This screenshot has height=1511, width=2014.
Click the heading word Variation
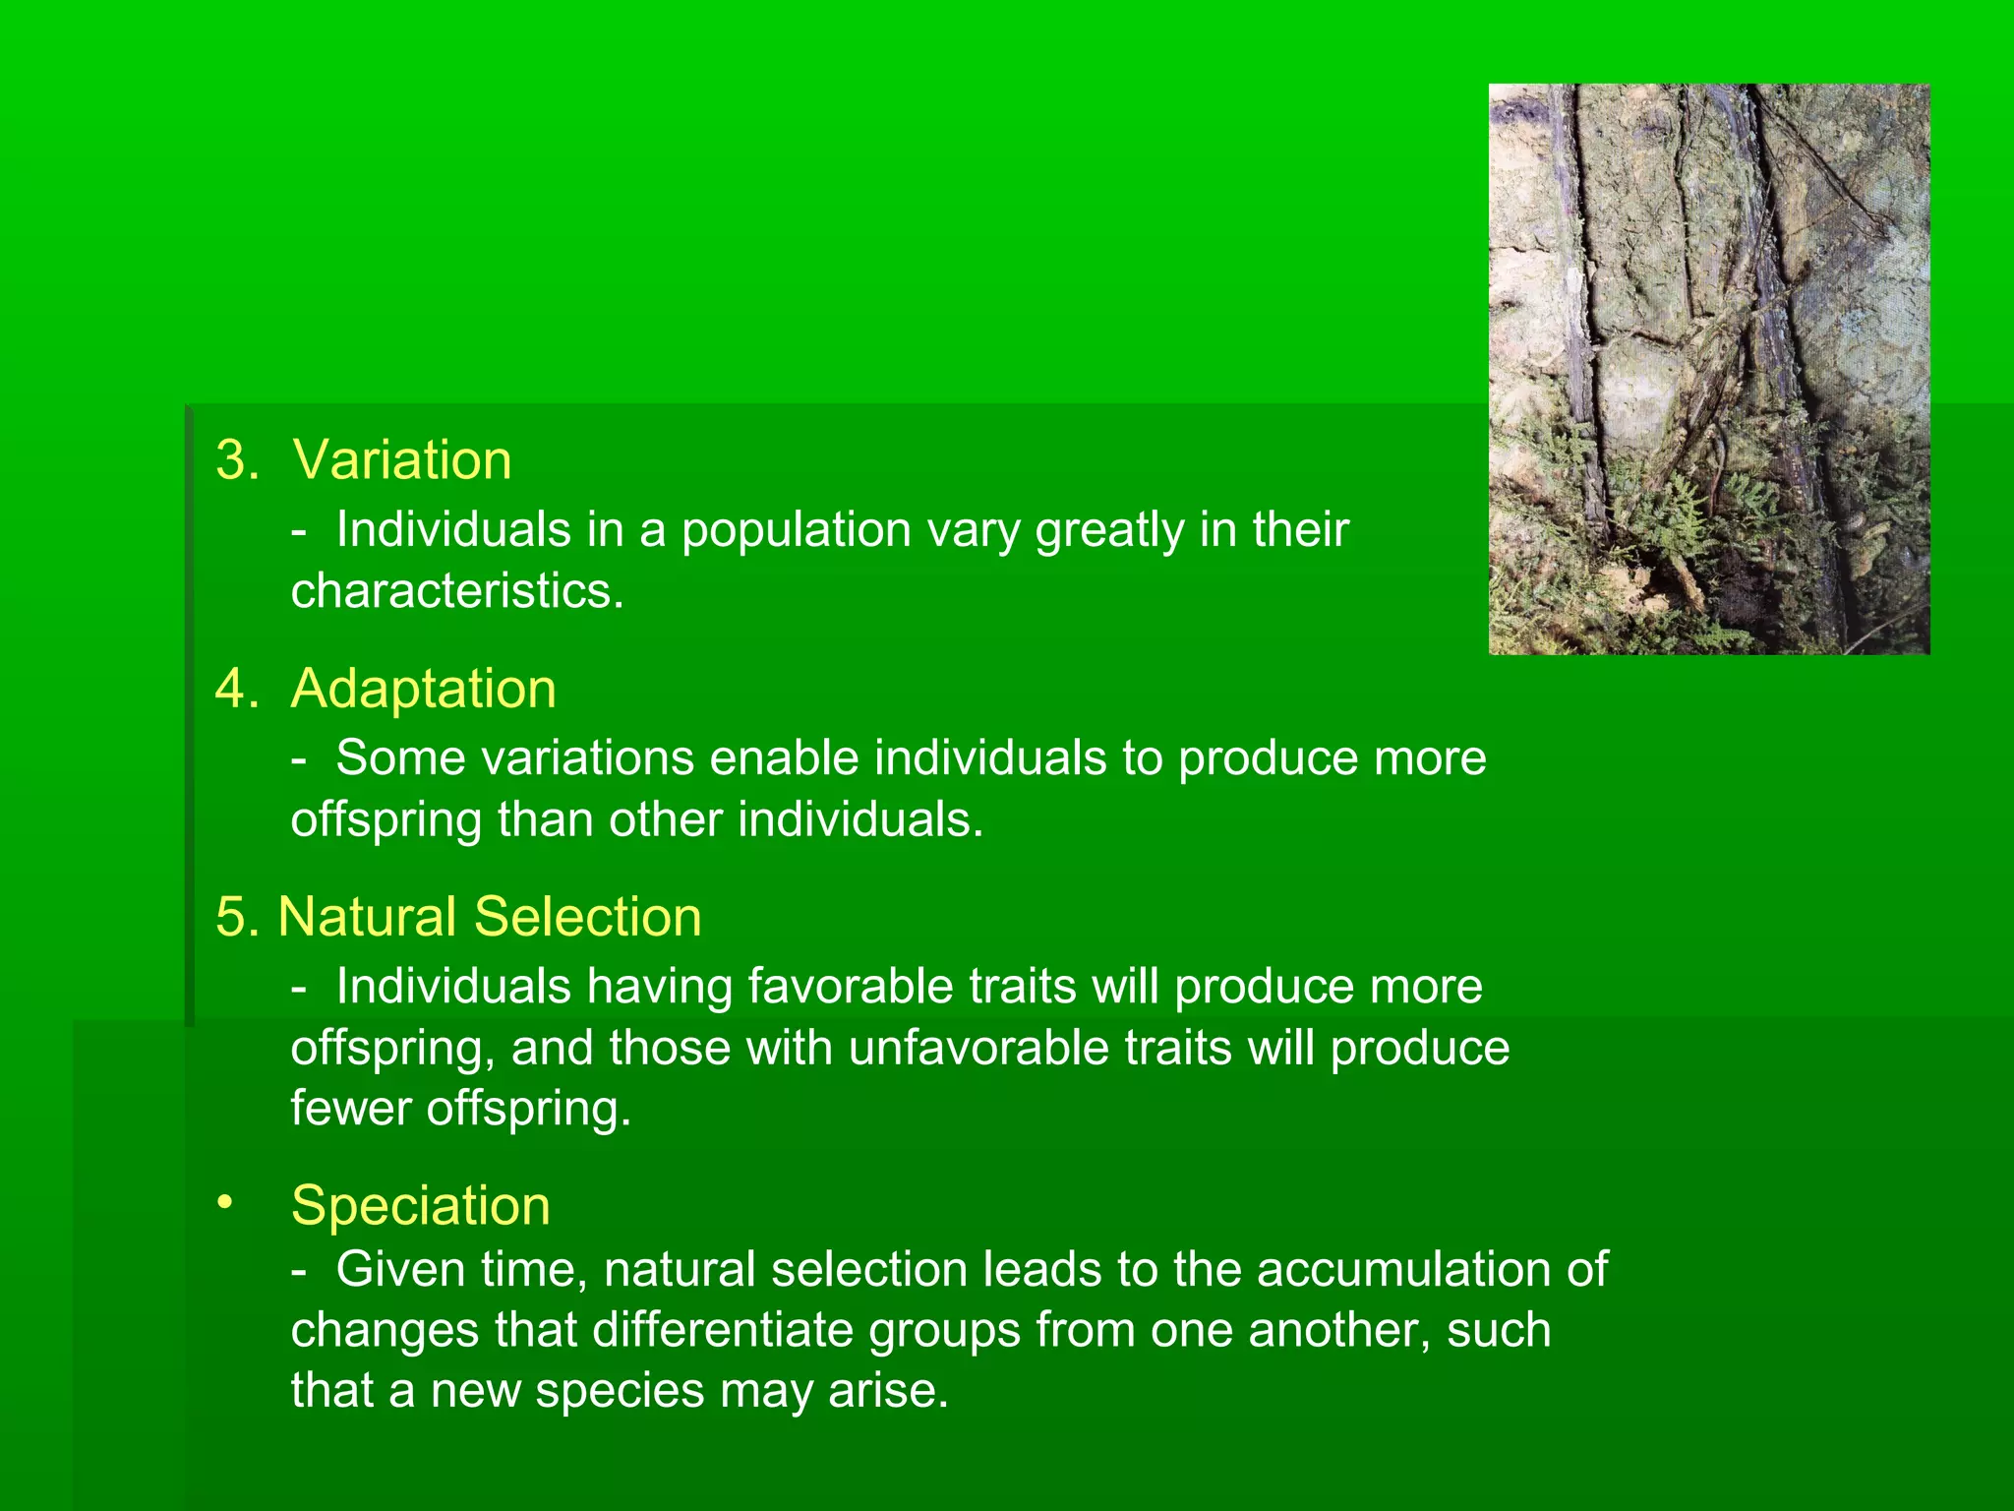(x=402, y=460)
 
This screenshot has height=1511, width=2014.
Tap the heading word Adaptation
(x=424, y=689)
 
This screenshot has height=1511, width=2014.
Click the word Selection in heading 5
(x=588, y=917)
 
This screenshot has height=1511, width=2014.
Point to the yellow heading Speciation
(x=421, y=1205)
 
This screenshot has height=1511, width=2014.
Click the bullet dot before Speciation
(x=226, y=1202)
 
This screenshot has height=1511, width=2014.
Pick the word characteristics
(x=455, y=591)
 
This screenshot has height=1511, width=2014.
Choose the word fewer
(x=350, y=1109)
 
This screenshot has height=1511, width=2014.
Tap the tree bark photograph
(x=1709, y=369)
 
